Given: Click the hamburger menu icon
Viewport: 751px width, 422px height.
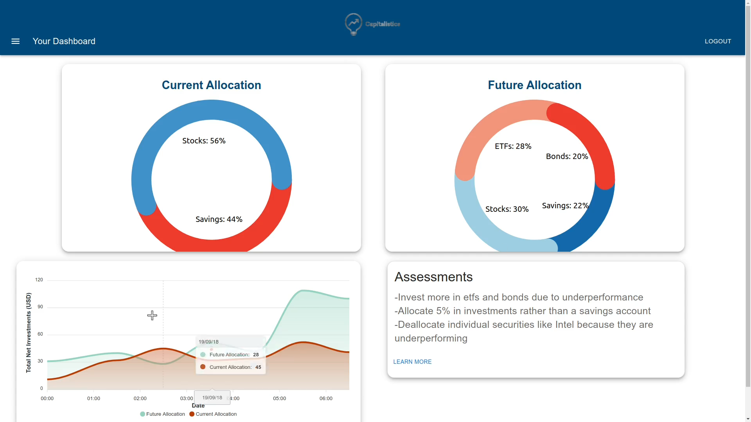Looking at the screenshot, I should [15, 41].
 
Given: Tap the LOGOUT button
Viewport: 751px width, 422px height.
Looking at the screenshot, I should [718, 41].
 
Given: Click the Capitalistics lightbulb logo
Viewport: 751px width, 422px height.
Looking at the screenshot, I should [353, 24].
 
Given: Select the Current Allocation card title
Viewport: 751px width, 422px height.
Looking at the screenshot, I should [211, 85].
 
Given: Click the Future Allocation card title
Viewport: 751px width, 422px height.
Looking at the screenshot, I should [534, 85].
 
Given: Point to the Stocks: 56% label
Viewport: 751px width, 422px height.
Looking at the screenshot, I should [204, 141].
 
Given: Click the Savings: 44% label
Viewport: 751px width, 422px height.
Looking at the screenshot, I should [219, 219].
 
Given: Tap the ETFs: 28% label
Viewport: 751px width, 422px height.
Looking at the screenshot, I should [513, 146].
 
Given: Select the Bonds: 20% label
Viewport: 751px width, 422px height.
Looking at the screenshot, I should [567, 156].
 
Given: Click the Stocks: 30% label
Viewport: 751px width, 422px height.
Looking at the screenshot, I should [507, 209].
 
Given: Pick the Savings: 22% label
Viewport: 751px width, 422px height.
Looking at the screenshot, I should [565, 206].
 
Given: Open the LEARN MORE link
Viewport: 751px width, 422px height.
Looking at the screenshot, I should [412, 362].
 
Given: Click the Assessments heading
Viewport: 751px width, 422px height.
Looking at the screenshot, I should [433, 277].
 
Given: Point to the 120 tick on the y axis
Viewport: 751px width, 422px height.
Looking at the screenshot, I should [39, 280].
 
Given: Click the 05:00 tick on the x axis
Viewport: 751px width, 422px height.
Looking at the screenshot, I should [279, 399].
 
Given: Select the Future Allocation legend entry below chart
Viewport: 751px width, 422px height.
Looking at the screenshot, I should [163, 414].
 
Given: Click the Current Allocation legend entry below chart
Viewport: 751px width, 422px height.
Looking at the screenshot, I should [213, 414].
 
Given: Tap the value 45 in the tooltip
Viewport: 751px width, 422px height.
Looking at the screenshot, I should [258, 367].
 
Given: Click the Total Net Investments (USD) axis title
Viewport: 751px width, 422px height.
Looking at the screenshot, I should [29, 333].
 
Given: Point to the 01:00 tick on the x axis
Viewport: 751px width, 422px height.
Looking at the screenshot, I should [93, 399].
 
